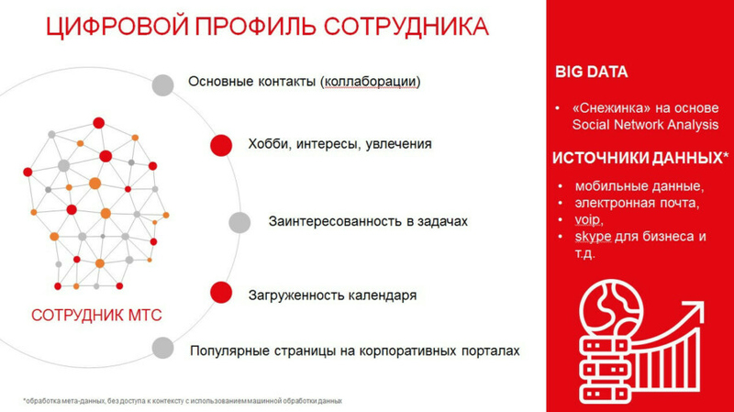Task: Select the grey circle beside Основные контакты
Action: click(x=162, y=84)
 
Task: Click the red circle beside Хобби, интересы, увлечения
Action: click(x=221, y=145)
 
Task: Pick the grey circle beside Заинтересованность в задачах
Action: click(x=239, y=222)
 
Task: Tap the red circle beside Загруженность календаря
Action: click(x=221, y=293)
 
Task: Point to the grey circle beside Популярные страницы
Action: click(x=163, y=348)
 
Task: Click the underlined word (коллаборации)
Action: click(x=371, y=82)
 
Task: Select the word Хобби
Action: click(x=268, y=144)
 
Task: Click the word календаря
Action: click(x=379, y=295)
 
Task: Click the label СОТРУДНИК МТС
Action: click(x=96, y=316)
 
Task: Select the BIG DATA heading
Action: click(x=592, y=72)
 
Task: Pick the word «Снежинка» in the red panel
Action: click(x=605, y=107)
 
